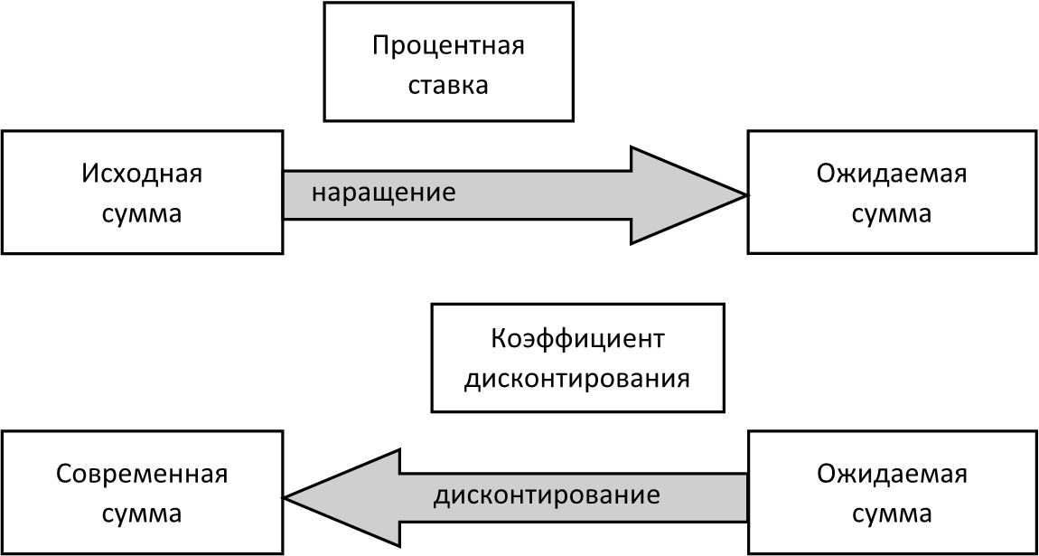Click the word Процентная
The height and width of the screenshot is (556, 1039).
448,46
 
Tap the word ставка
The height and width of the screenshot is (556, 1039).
448,86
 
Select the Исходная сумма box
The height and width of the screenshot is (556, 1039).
142,193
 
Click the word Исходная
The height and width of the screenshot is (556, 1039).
142,173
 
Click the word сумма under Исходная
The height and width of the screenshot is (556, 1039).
142,214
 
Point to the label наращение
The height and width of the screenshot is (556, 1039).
384,193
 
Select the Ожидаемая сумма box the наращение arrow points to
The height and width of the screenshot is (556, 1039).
892,193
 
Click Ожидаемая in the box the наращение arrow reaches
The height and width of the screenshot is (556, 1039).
892,173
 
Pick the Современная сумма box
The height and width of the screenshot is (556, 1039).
142,494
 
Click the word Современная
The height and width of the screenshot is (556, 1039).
142,475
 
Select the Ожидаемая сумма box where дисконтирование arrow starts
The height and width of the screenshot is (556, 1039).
892,494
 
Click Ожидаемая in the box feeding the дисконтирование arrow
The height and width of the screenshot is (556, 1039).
892,475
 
